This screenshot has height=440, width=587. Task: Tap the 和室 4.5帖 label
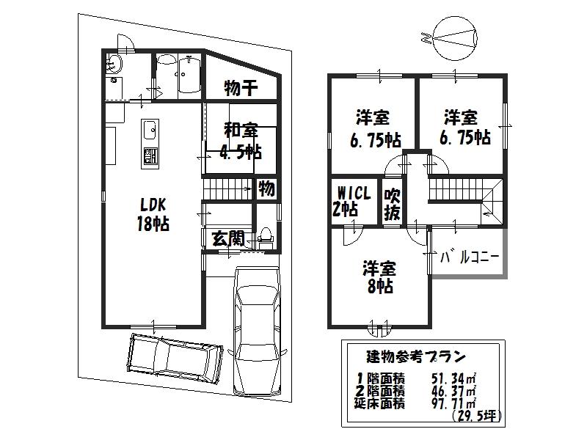point(241,142)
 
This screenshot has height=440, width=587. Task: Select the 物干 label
point(241,89)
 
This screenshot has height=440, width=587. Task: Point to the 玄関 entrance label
point(227,238)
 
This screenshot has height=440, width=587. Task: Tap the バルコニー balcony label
point(470,257)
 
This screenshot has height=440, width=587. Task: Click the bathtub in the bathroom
point(188,76)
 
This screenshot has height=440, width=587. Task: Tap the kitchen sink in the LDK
point(148,131)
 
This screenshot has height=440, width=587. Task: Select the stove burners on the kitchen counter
point(148,156)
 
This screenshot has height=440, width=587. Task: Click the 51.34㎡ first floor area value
point(455,378)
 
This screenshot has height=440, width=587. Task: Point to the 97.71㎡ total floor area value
point(455,403)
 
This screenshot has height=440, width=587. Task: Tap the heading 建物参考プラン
point(415,358)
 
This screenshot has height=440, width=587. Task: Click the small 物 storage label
point(266,188)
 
